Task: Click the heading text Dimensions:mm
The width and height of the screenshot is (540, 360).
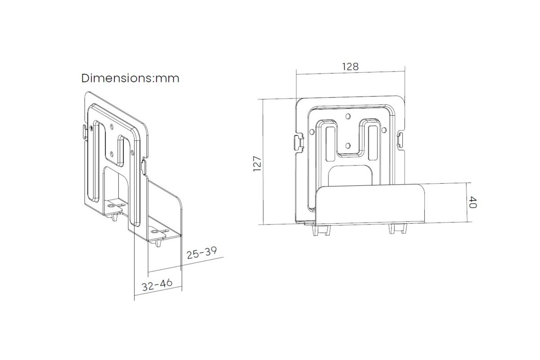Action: click(x=130, y=78)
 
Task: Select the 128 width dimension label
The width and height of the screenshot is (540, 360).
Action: click(x=350, y=66)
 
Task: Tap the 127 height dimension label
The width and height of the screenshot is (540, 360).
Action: click(x=257, y=164)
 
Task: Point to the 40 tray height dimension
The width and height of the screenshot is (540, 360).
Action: click(x=473, y=202)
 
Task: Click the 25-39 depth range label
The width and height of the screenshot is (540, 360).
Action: click(x=202, y=253)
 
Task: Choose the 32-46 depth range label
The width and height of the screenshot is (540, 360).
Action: click(x=157, y=285)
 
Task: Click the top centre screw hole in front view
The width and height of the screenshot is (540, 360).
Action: click(x=348, y=117)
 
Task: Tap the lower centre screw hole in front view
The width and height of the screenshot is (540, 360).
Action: click(x=347, y=146)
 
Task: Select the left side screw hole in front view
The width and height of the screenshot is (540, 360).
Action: click(x=312, y=132)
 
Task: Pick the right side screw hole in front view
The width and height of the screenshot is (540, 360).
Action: click(x=384, y=130)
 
